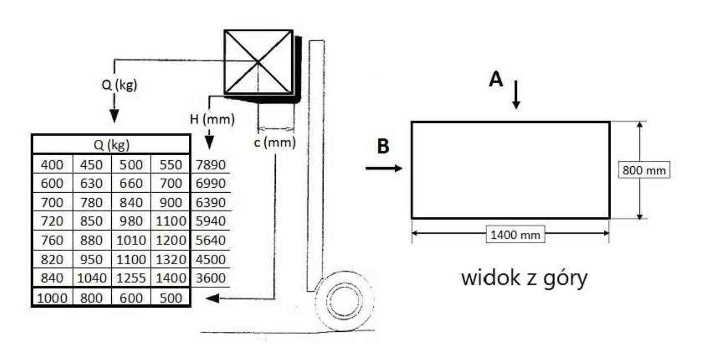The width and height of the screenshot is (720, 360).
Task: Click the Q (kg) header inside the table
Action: [x=112, y=145]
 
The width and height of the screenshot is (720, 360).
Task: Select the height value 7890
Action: [x=211, y=165]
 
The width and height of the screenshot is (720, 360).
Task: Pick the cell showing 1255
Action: [x=131, y=278]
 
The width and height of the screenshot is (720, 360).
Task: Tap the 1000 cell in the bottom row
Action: [x=52, y=298]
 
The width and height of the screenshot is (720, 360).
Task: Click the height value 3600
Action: [x=211, y=278]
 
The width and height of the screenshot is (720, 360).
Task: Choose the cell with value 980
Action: [x=131, y=221]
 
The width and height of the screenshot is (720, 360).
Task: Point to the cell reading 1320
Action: [x=171, y=259]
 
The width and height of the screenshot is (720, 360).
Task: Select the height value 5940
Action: [x=211, y=221]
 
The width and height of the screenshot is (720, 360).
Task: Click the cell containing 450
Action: [x=91, y=165]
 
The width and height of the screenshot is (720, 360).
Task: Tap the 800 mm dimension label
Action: [x=644, y=170]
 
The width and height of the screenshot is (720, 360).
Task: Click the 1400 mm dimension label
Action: [x=515, y=235]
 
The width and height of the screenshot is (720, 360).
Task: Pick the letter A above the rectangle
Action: [x=495, y=79]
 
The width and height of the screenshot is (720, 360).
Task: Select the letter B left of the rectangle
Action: [x=383, y=146]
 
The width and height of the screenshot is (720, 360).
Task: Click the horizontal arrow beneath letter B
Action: [x=384, y=168]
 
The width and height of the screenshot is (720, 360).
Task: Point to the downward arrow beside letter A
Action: [x=516, y=95]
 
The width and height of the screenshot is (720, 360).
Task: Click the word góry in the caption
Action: [x=565, y=279]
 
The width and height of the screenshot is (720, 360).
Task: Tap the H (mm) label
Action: [x=212, y=119]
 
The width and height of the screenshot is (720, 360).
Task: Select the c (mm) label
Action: [x=275, y=143]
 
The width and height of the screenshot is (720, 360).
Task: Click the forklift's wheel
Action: [x=345, y=302]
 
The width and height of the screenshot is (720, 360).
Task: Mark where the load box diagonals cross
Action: [x=258, y=62]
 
